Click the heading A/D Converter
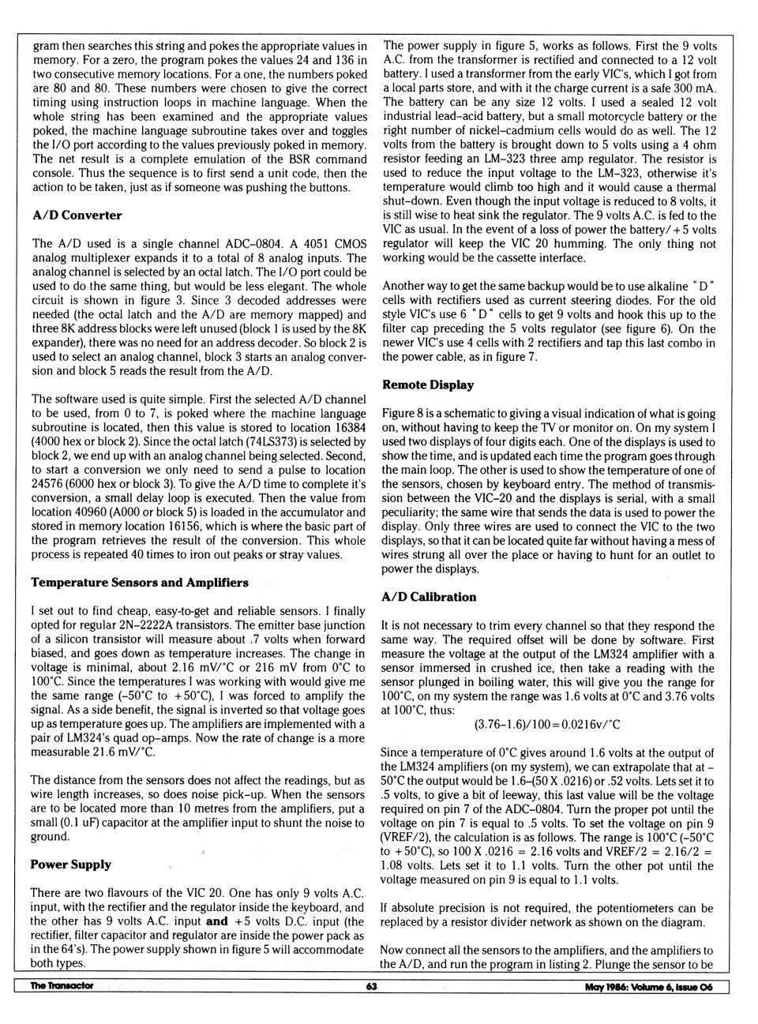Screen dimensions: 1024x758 coord(77,216)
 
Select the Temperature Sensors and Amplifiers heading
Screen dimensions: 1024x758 coord(140,583)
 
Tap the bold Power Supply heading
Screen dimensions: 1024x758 coord(71,865)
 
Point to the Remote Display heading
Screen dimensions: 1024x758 coord(428,385)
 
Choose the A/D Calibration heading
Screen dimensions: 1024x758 coord(429,597)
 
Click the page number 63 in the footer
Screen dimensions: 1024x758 coord(372,986)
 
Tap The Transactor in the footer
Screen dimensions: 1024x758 coord(62,986)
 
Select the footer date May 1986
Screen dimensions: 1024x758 coord(607,987)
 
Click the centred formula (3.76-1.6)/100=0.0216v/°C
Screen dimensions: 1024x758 coord(546,724)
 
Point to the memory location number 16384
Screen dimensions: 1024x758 coord(348,428)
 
